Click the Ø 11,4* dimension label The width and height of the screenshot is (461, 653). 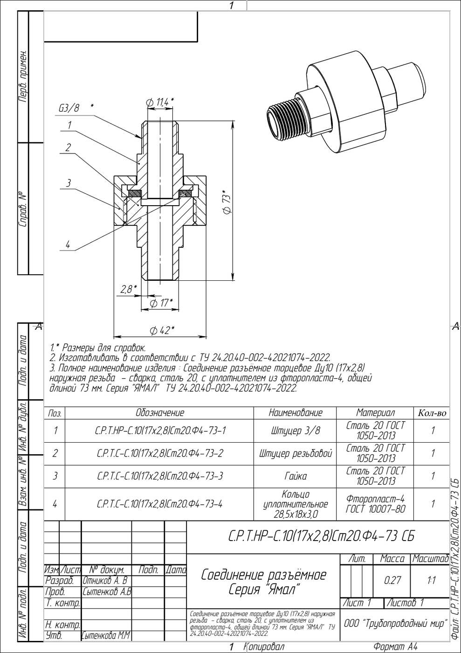tap(160, 102)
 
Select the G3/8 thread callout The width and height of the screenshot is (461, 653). tap(69, 108)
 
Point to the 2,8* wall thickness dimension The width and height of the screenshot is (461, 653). tap(129, 289)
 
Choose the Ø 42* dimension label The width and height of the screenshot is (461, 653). tap(162, 331)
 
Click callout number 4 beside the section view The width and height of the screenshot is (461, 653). tap(68, 244)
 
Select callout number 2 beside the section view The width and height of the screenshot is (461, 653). tap(68, 147)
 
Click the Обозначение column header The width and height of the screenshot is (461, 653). tap(160, 413)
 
